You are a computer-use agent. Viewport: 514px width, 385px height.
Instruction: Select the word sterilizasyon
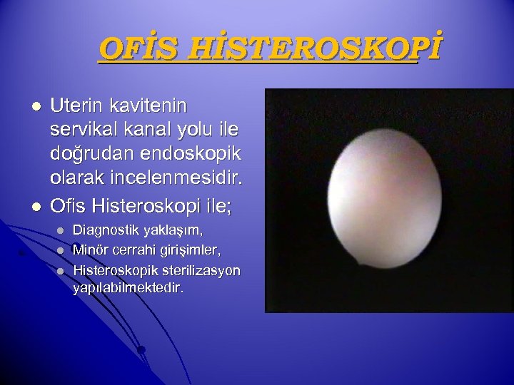pyautogui.click(x=200, y=271)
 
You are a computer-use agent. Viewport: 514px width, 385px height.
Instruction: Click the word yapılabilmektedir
pyautogui.click(x=128, y=289)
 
